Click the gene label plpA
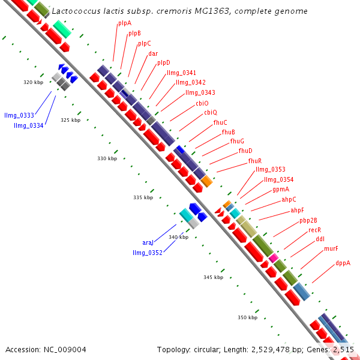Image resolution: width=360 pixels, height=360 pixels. click(x=125, y=23)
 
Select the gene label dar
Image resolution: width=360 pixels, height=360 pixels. click(x=153, y=53)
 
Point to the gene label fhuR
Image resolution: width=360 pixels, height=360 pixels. click(x=255, y=161)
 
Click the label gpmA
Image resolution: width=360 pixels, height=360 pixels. click(x=281, y=189)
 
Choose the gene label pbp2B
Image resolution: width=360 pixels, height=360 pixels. click(x=308, y=220)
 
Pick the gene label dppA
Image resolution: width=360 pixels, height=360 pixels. click(x=343, y=263)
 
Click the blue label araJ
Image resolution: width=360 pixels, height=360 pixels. click(x=148, y=242)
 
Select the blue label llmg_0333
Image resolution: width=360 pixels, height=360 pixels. click(x=19, y=115)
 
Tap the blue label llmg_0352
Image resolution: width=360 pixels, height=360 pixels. click(x=148, y=253)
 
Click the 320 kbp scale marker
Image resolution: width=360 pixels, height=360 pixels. click(x=33, y=82)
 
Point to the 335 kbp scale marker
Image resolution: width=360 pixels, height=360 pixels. click(x=143, y=197)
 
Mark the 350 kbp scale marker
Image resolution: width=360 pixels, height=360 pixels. click(x=247, y=317)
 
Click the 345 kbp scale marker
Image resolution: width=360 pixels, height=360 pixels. click(x=213, y=277)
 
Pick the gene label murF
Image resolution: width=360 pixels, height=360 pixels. click(x=331, y=248)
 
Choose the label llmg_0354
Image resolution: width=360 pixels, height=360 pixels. click(x=278, y=179)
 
